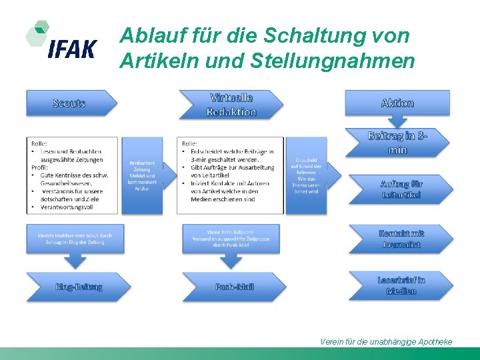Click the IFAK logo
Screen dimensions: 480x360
[61, 41]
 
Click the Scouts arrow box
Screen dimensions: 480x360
[70, 103]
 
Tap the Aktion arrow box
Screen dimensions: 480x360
[397, 103]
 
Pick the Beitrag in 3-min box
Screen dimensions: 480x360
[397, 143]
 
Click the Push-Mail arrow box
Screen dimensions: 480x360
[234, 287]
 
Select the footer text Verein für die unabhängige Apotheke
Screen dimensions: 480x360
[386, 341]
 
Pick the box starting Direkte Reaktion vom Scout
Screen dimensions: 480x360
[75, 239]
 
